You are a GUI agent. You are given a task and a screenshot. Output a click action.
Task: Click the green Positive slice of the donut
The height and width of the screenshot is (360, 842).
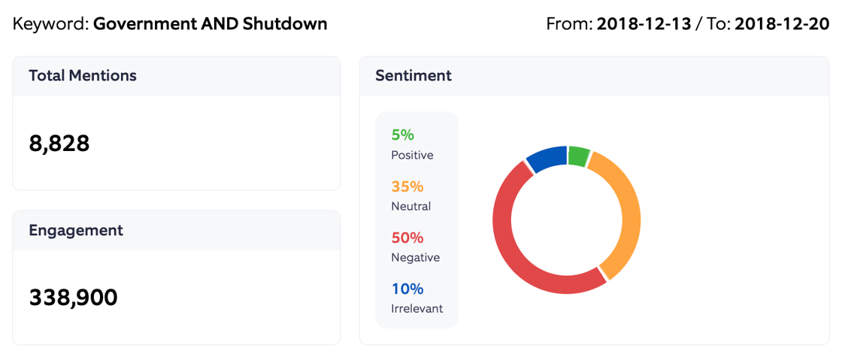578,156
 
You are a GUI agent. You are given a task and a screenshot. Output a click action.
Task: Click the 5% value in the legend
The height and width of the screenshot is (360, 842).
402,135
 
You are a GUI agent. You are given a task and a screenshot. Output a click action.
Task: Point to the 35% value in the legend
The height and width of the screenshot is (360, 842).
407,186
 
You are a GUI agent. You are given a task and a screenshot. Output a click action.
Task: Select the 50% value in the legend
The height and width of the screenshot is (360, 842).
407,237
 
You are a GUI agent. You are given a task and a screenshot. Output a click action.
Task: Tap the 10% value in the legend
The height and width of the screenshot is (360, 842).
407,289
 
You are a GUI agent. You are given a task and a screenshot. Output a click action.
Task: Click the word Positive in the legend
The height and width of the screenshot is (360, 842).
412,155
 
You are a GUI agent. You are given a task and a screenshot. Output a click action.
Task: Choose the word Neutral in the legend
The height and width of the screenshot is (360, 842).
410,206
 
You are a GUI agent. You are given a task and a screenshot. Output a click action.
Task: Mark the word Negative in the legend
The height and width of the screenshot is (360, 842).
415,257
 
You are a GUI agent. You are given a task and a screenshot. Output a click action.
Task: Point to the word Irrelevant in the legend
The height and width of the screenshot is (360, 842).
416,308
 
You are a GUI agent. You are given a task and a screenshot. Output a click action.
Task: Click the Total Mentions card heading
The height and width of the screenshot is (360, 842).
83,75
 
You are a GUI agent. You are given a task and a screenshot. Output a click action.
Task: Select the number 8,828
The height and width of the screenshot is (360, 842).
59,143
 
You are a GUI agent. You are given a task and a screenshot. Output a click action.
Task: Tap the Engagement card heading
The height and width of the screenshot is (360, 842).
76,230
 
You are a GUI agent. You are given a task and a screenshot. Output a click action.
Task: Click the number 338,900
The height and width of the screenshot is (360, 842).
73,298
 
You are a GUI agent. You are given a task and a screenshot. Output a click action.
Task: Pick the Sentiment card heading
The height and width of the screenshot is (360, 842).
413,75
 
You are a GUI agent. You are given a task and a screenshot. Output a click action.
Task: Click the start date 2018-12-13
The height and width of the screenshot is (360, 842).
644,23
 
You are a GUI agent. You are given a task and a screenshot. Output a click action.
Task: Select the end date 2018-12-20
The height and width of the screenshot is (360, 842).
782,23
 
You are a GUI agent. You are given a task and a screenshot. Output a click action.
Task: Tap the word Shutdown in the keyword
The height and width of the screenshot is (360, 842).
285,23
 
